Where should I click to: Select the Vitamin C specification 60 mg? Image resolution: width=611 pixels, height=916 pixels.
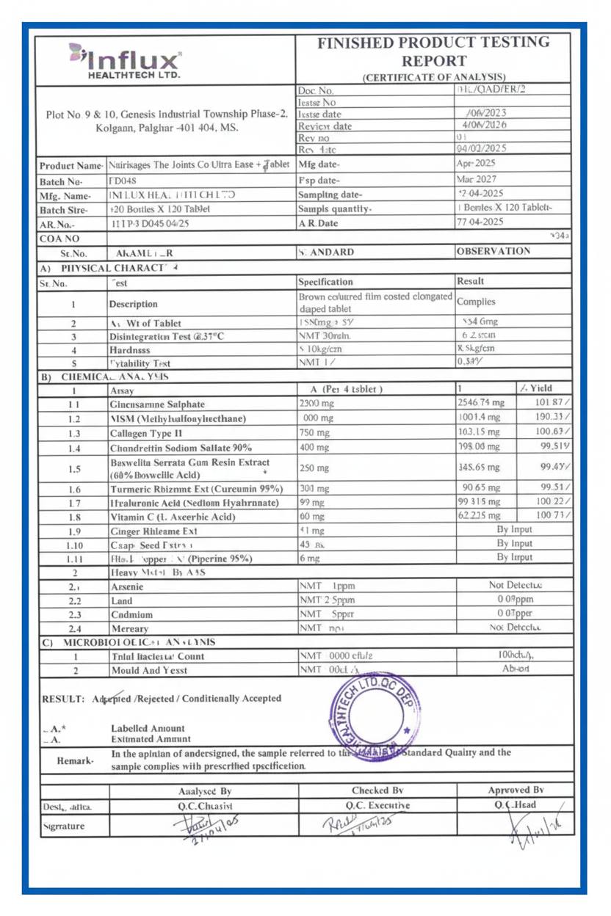pyautogui.click(x=312, y=517)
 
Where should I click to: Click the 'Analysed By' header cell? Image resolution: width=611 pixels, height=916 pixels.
pyautogui.click(x=205, y=791)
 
